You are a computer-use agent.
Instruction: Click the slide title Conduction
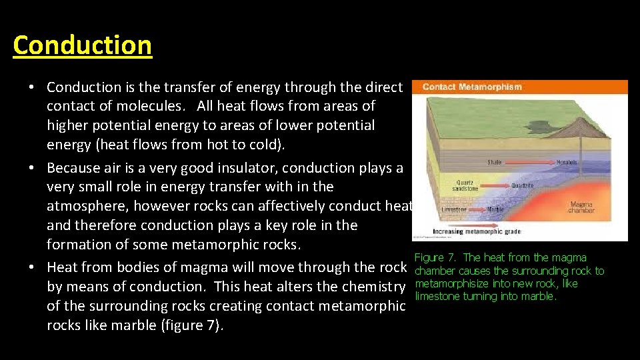click(82, 45)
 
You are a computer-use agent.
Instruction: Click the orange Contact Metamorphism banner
click(519, 87)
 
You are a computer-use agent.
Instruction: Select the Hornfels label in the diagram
click(567, 162)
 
